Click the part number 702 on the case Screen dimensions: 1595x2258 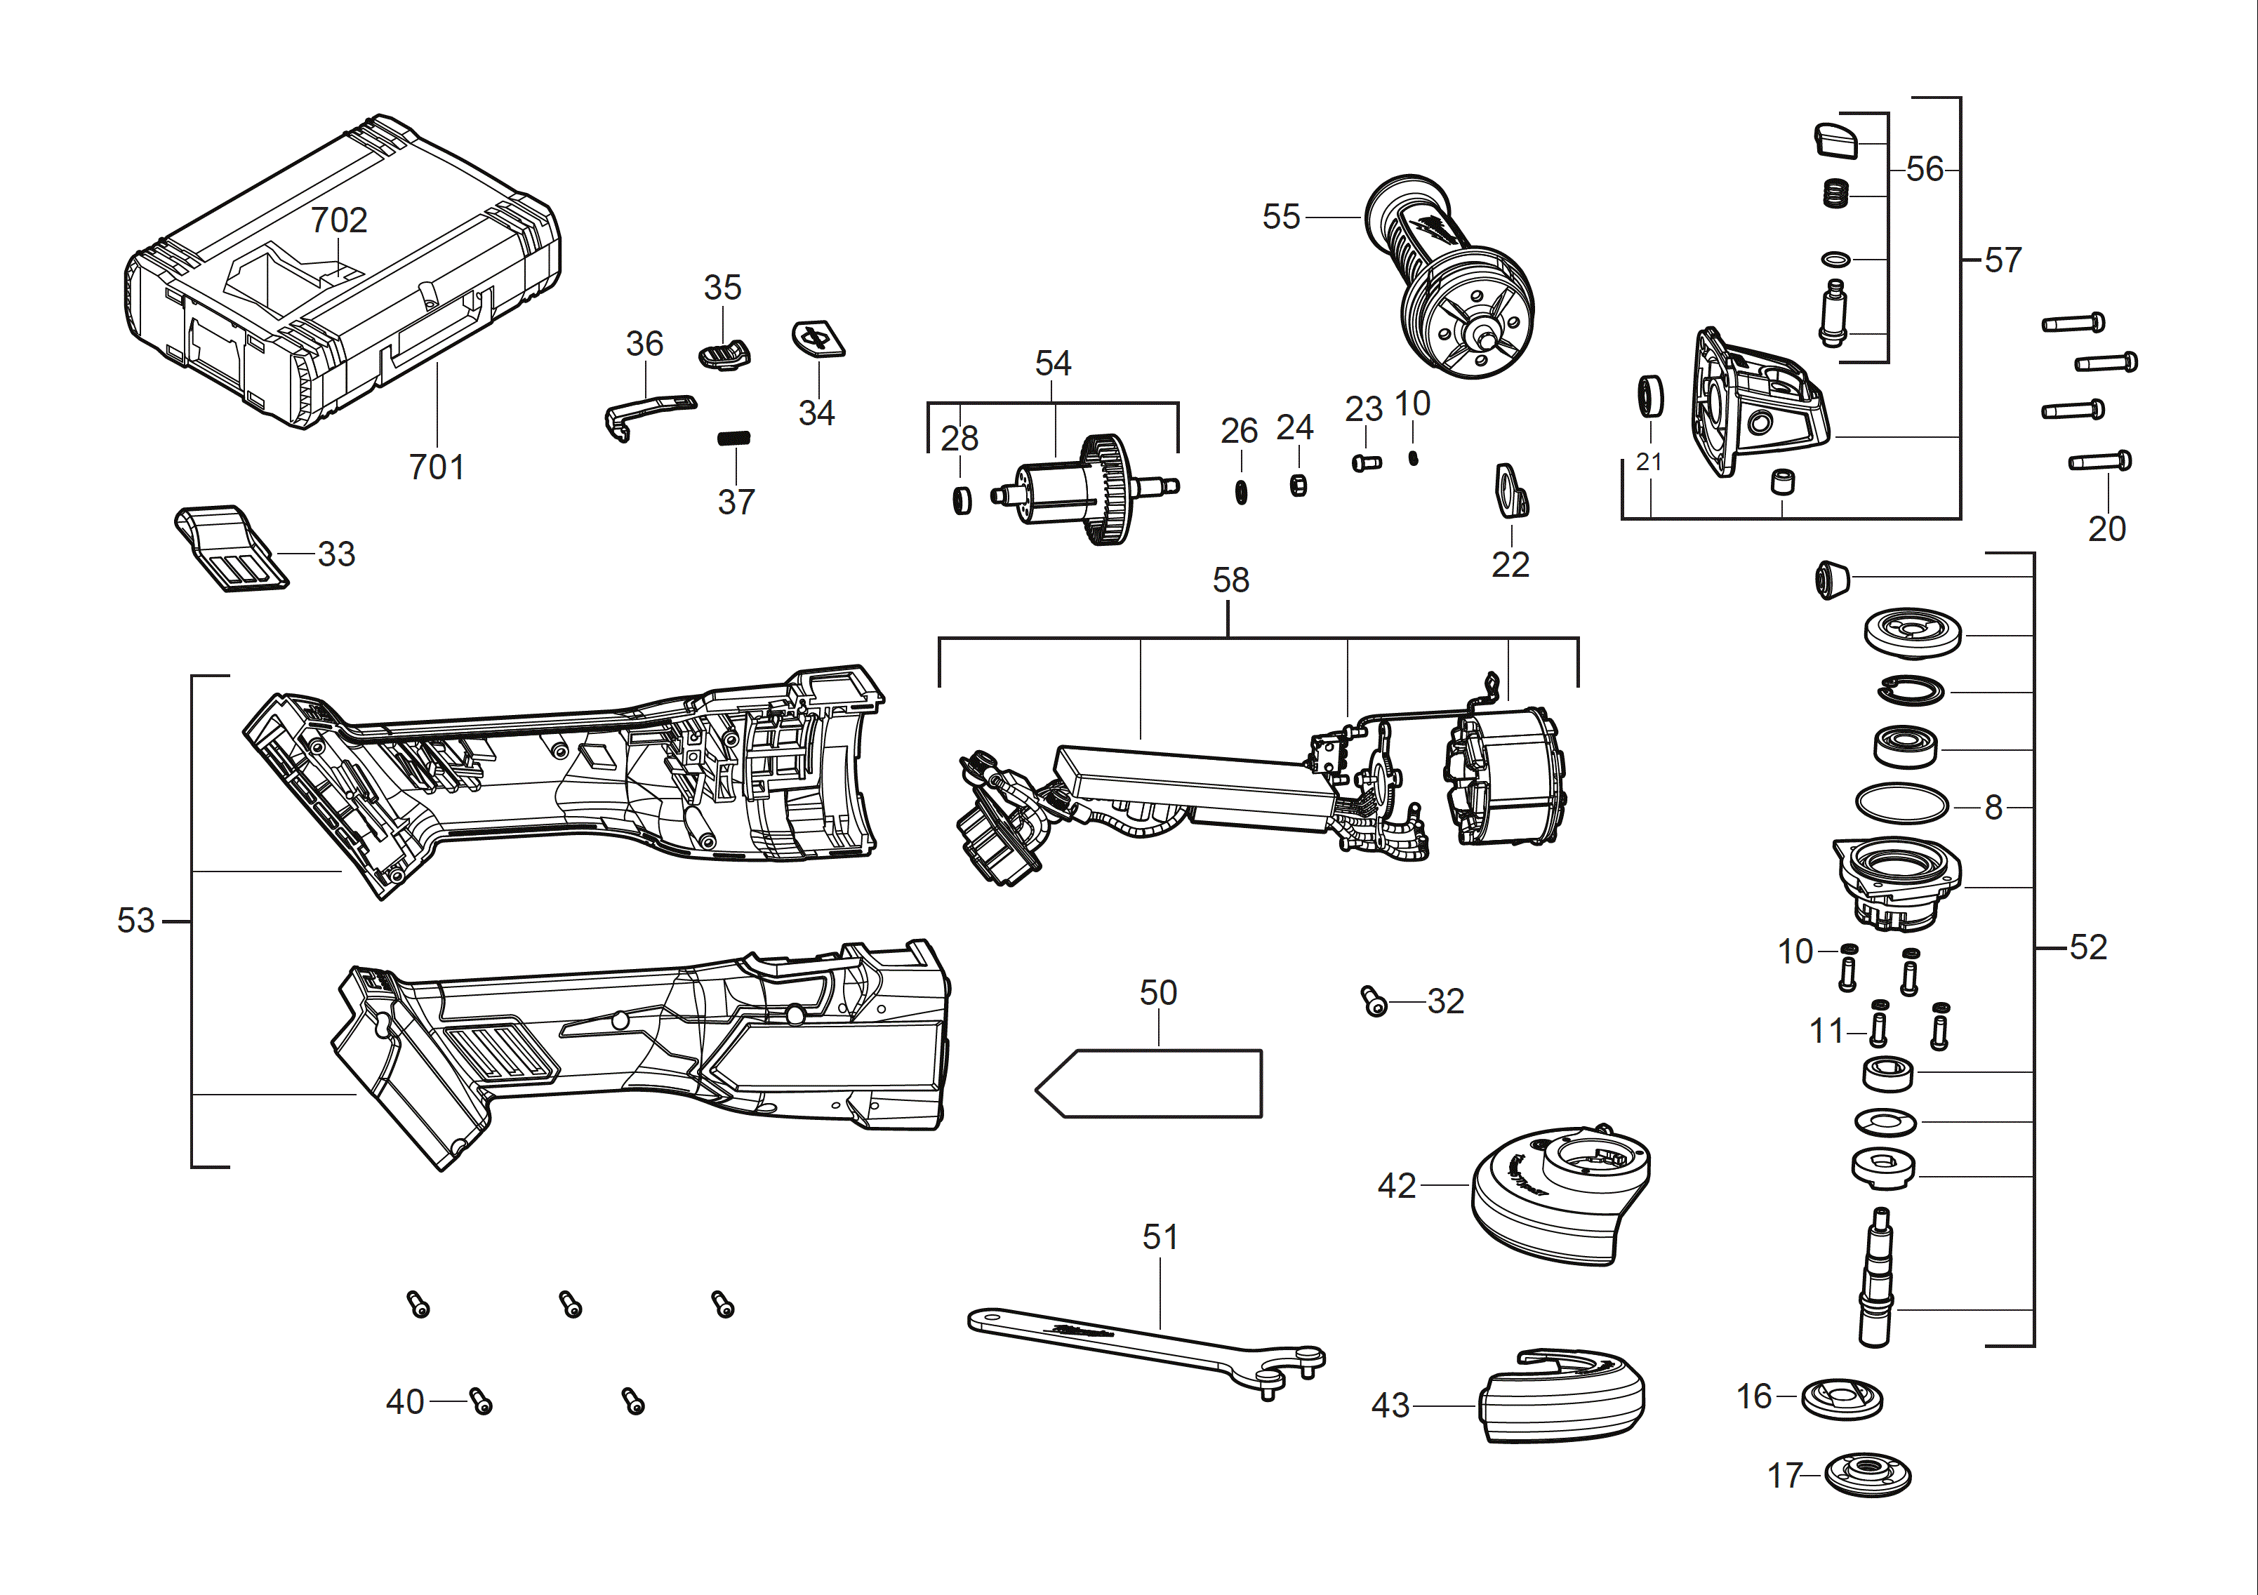[338, 220]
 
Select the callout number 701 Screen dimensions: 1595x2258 [436, 467]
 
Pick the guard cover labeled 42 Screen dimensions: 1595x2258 [1559, 1195]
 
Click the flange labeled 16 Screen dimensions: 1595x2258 [1841, 1397]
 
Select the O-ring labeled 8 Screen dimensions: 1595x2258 [1901, 804]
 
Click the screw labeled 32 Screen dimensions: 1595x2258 [1374, 1002]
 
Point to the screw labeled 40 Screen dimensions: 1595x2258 [481, 1401]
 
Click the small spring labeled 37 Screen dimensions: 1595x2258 [733, 438]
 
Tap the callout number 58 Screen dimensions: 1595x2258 [1230, 580]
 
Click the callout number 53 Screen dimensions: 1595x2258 [135, 921]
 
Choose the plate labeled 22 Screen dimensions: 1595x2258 [1510, 490]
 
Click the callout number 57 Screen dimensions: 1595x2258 [2003, 260]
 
